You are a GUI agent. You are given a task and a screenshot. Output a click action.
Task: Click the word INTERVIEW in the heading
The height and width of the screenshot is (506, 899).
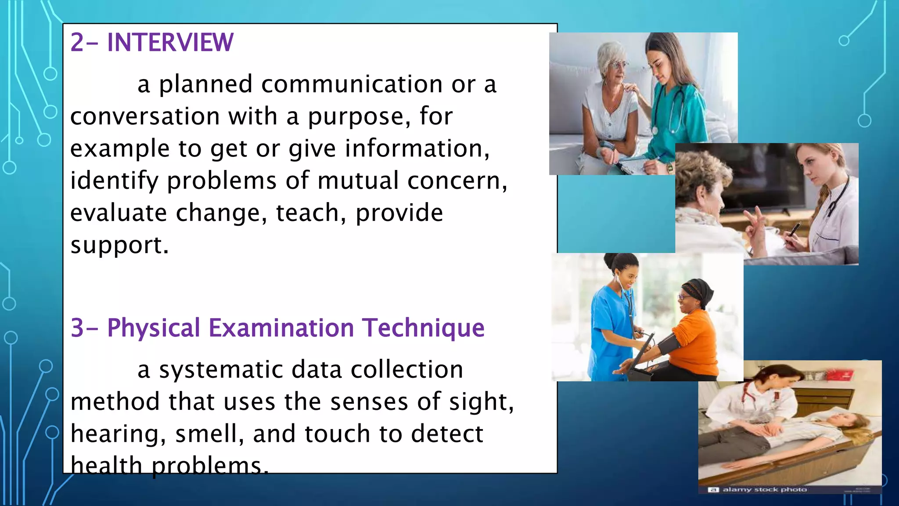pos(170,43)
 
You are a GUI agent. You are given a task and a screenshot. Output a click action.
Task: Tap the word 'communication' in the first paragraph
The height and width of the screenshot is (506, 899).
pos(352,84)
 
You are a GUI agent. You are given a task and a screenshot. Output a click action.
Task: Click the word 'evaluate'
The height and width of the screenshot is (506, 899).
pos(118,213)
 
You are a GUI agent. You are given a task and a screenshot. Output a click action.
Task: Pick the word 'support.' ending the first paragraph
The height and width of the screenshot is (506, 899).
pos(119,245)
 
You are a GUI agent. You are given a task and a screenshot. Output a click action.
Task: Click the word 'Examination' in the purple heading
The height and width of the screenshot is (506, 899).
pos(281,328)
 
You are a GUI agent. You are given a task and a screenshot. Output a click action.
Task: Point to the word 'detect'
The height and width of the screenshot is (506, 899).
pos(447,434)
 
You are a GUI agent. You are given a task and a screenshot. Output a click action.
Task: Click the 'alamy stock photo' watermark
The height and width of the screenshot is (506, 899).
pos(764,489)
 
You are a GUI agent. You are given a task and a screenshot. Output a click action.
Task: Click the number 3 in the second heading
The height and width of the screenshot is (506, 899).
pos(77,328)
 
